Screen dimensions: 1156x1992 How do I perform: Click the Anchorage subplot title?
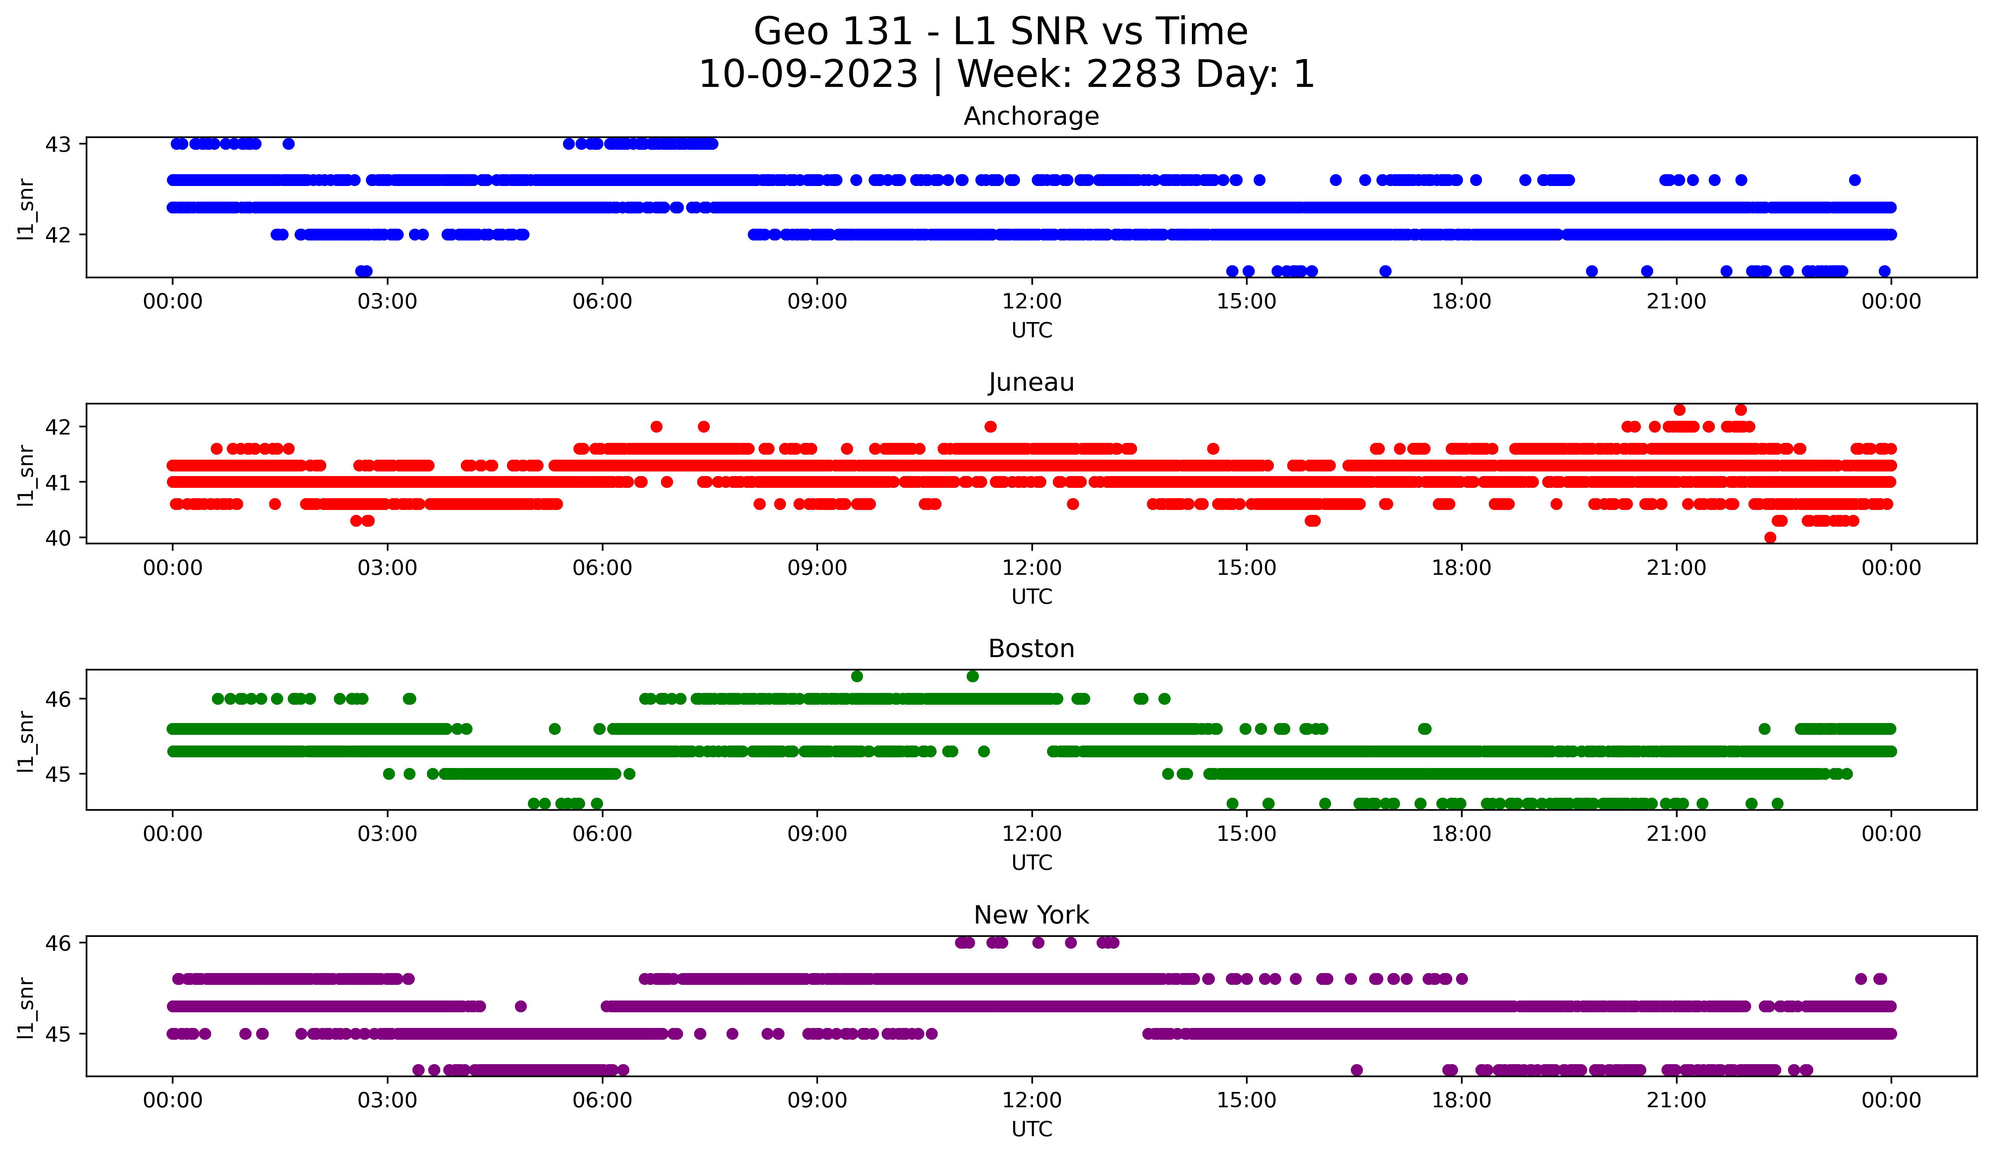[1031, 116]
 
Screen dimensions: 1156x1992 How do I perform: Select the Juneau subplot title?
[1031, 382]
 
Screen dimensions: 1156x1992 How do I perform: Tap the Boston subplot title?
[1031, 649]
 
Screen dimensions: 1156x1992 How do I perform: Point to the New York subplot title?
[1031, 915]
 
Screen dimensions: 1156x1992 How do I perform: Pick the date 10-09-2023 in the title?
[808, 74]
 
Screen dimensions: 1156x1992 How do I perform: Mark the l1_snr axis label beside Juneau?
[26, 474]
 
